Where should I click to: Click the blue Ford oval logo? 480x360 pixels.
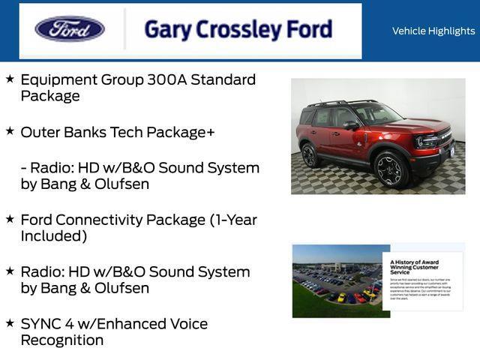click(x=70, y=29)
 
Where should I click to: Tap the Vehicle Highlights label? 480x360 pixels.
click(x=433, y=31)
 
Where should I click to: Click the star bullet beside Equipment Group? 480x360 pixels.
click(x=10, y=79)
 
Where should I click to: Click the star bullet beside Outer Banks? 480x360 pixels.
click(x=10, y=131)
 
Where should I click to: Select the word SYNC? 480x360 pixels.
click(x=43, y=324)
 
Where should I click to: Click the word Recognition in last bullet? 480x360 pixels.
click(x=62, y=340)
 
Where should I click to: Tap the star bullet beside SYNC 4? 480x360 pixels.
click(x=10, y=323)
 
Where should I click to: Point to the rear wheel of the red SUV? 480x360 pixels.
click(x=310, y=155)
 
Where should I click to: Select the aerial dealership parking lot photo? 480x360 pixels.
click(x=337, y=281)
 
